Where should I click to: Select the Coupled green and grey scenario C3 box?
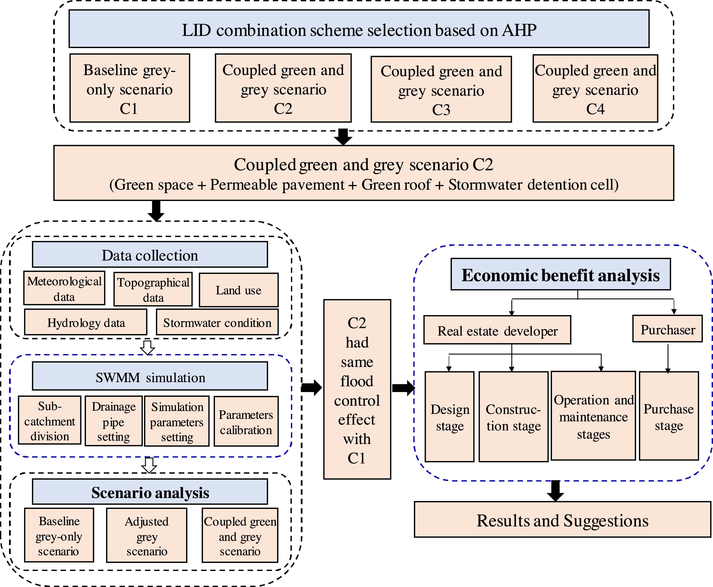point(441,89)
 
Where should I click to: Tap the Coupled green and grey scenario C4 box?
point(595,88)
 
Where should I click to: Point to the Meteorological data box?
point(64,288)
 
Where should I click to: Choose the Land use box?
point(239,290)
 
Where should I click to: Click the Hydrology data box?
point(86,322)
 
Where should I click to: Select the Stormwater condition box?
point(217,322)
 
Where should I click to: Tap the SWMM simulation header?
point(150,376)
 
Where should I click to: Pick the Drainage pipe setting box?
point(114,421)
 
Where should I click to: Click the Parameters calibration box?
point(246,421)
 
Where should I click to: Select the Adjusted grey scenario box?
point(147,536)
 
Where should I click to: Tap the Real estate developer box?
point(497,330)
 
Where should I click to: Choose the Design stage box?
point(450,417)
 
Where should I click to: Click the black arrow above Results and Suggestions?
point(556,491)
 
